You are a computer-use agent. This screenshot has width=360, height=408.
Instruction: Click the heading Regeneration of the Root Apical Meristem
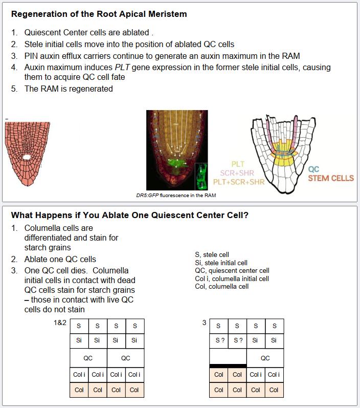(x=99, y=14)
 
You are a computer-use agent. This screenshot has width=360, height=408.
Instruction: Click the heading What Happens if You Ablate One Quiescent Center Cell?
(x=129, y=215)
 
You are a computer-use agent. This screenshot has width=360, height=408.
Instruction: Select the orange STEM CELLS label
(x=330, y=178)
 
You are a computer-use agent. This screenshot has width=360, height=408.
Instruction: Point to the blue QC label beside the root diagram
(x=313, y=169)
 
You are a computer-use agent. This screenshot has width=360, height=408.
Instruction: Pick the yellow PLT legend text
(x=238, y=164)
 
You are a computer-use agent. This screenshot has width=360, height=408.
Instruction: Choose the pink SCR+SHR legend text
(x=238, y=173)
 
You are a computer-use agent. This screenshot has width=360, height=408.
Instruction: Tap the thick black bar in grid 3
(x=228, y=366)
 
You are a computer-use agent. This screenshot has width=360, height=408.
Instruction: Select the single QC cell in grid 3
(x=265, y=358)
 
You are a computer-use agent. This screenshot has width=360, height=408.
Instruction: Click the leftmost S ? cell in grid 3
(x=219, y=340)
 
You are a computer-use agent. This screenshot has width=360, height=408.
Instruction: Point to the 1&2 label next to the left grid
(x=60, y=323)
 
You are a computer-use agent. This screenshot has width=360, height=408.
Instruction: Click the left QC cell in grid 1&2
(x=88, y=358)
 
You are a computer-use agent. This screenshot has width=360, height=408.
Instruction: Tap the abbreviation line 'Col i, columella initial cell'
(x=232, y=278)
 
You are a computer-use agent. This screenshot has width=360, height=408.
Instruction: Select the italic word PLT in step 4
(x=123, y=67)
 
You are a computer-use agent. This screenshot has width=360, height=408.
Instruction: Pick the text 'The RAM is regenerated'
(x=69, y=89)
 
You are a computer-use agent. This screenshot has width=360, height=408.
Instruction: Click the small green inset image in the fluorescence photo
(x=203, y=176)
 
